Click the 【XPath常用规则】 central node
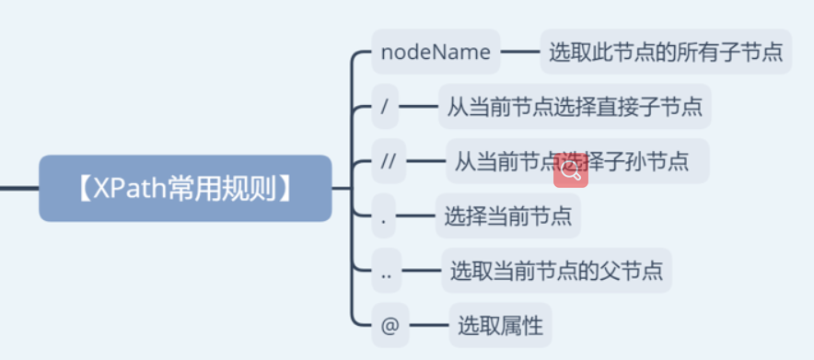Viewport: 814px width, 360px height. pyautogui.click(x=185, y=188)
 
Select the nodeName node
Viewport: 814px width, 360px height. pyautogui.click(x=436, y=52)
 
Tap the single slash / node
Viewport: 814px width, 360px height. pyautogui.click(x=385, y=107)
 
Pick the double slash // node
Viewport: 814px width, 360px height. pyautogui.click(x=388, y=161)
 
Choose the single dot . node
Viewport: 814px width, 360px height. pyautogui.click(x=382, y=217)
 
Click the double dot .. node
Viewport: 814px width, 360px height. pyautogui.click(x=387, y=272)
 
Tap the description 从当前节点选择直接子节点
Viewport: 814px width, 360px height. pyautogui.click(x=575, y=107)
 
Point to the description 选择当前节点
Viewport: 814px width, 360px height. pyautogui.click(x=508, y=217)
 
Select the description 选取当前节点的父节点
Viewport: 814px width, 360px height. pyautogui.click(x=556, y=272)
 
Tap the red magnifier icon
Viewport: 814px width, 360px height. pyautogui.click(x=570, y=170)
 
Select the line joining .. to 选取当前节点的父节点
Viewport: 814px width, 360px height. pyautogui.click(x=422, y=272)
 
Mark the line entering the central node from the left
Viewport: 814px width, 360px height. pyautogui.click(x=18, y=188)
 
